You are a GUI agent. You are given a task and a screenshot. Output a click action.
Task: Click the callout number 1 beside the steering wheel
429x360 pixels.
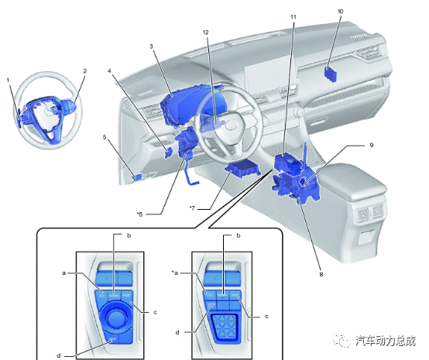pyautogui.click(x=8, y=79)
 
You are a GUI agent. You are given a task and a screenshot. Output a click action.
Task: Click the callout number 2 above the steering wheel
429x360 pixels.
pyautogui.click(x=84, y=70)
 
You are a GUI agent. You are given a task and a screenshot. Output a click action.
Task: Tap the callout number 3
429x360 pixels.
pyautogui.click(x=153, y=46)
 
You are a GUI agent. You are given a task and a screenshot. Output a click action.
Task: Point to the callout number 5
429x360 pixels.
pyautogui.click(x=104, y=137)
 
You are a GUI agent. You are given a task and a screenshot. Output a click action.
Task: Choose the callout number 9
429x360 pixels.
pyautogui.click(x=371, y=145)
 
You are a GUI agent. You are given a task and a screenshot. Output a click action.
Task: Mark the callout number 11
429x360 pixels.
pyautogui.click(x=293, y=16)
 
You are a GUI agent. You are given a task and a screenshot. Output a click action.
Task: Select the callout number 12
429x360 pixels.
pyautogui.click(x=205, y=32)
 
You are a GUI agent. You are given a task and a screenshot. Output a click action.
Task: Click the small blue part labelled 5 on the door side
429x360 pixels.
pyautogui.click(x=137, y=177)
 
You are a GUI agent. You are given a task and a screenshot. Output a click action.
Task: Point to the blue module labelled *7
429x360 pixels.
pyautogui.click(x=242, y=170)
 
